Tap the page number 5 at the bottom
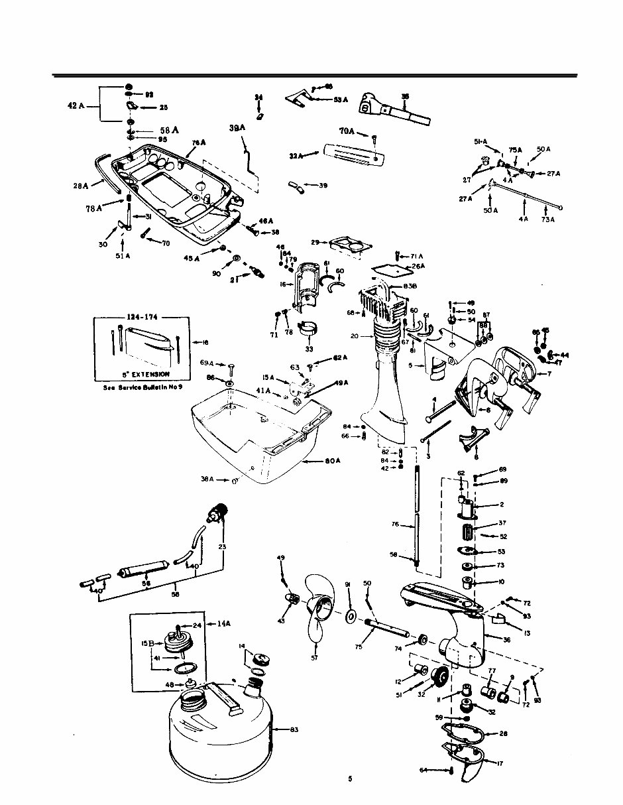click(349, 779)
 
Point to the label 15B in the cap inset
click(147, 644)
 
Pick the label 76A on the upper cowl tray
click(199, 143)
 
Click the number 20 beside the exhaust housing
click(355, 336)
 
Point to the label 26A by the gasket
click(418, 267)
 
